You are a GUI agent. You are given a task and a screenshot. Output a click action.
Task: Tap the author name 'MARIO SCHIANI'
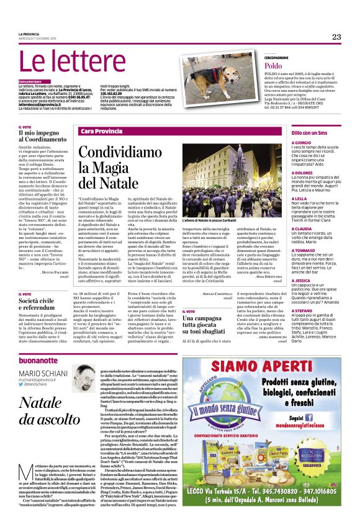(x=47, y=373)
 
